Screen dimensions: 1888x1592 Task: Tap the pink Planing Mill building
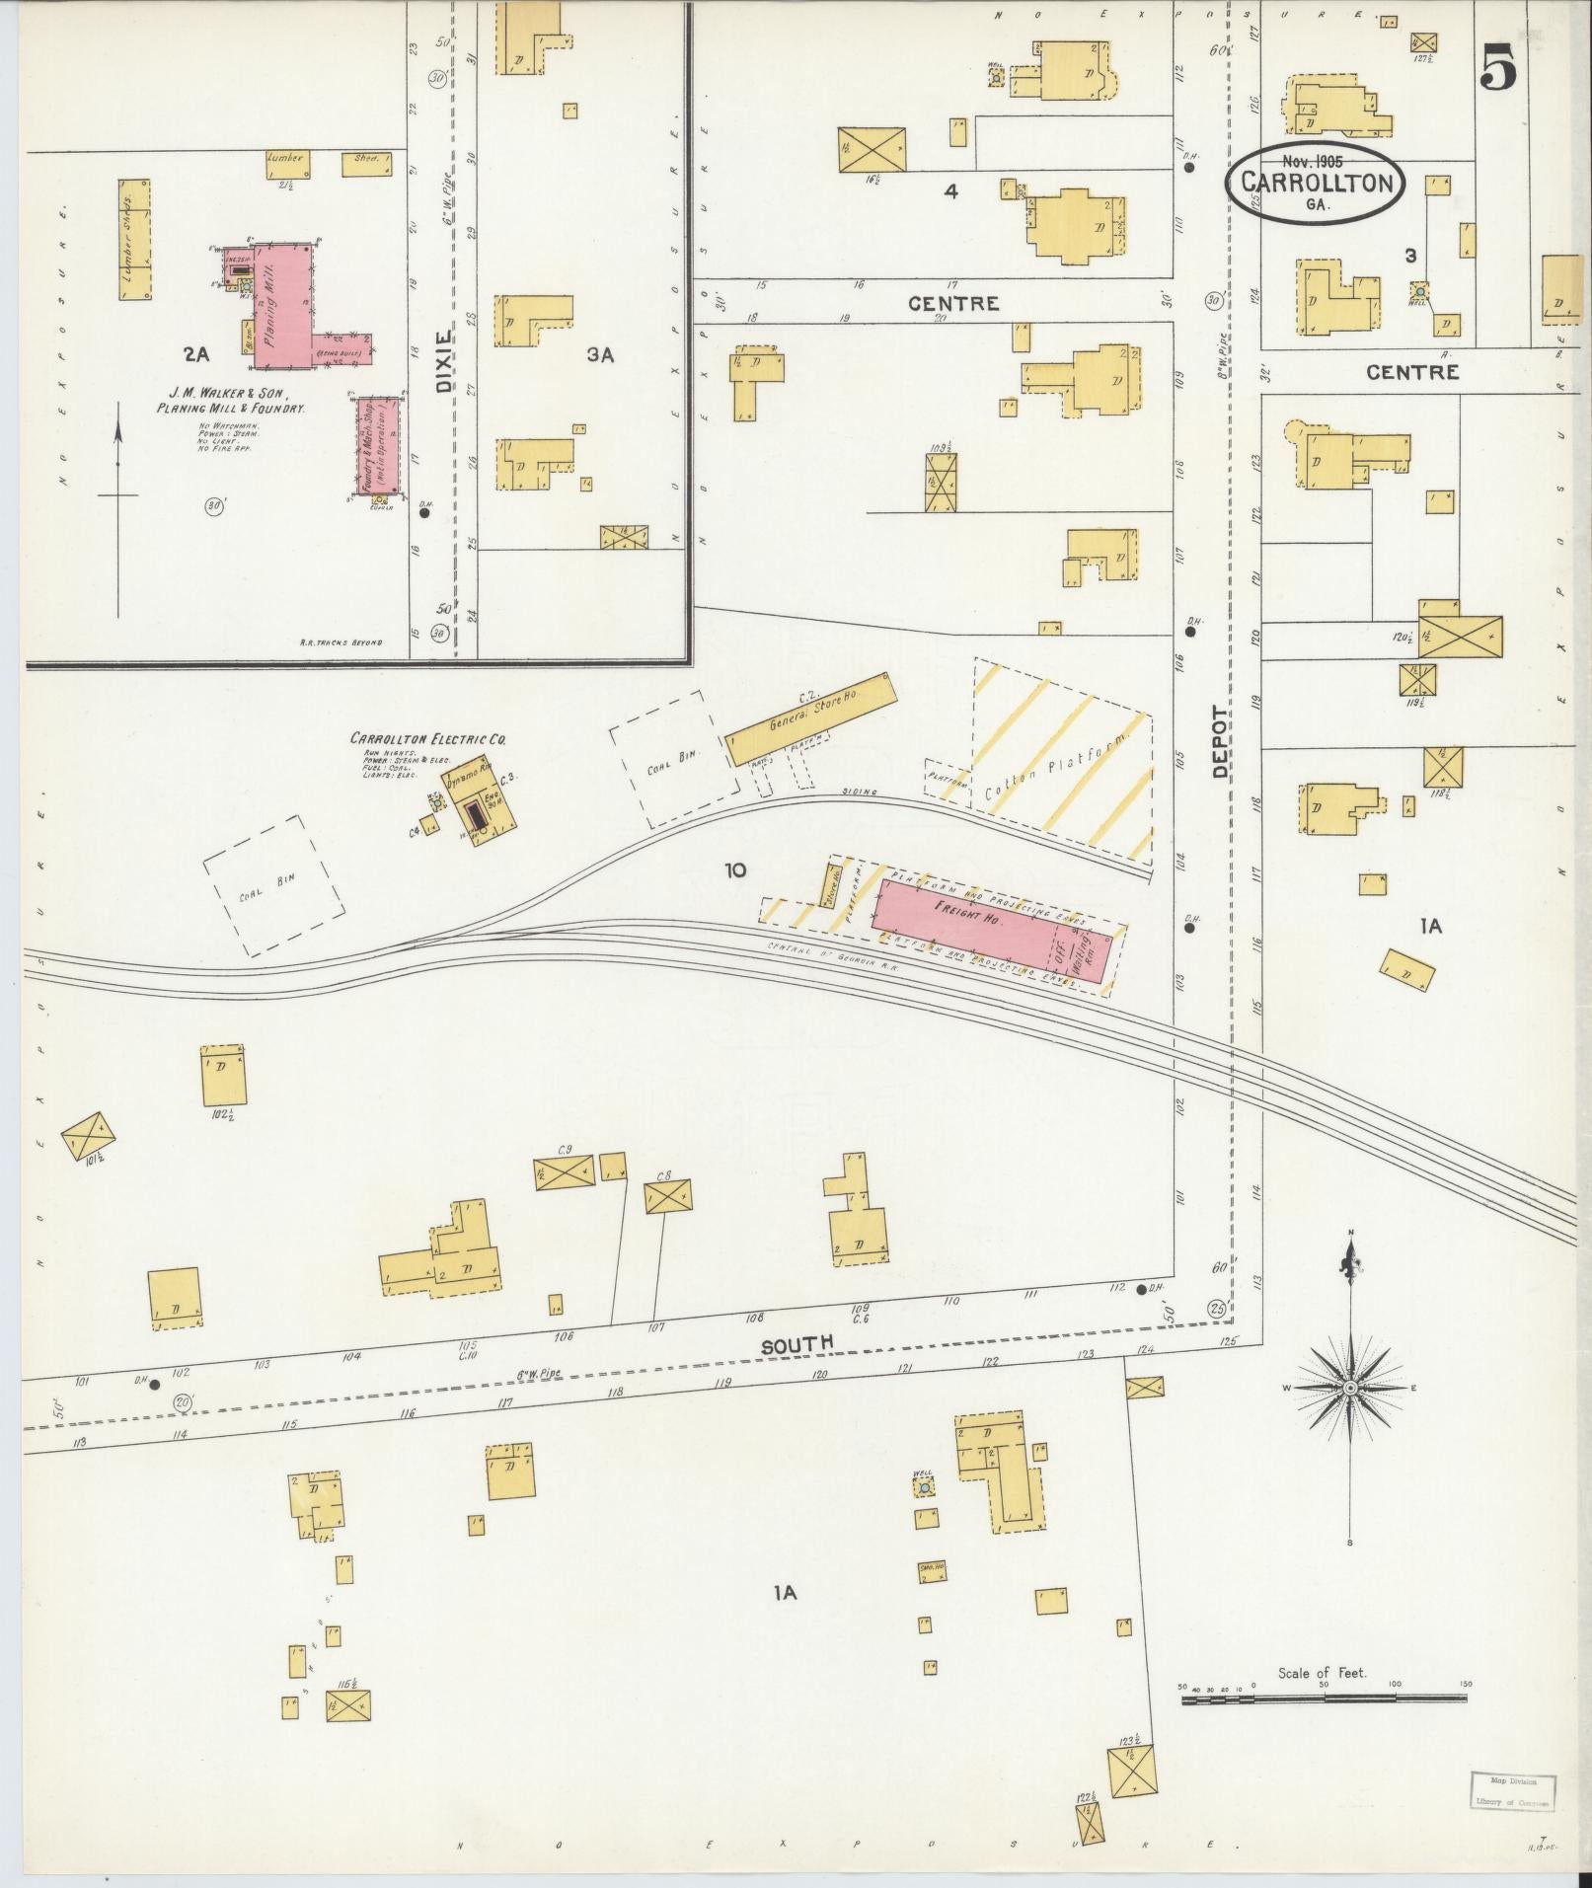point(282,306)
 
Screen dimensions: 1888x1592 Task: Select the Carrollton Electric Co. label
point(428,738)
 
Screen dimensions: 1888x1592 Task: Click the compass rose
point(1349,1388)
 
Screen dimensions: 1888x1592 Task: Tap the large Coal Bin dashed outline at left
point(274,884)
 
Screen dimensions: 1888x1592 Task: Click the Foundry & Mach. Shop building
point(380,445)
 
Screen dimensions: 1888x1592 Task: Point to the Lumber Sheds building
point(134,240)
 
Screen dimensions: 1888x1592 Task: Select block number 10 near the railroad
point(734,869)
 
